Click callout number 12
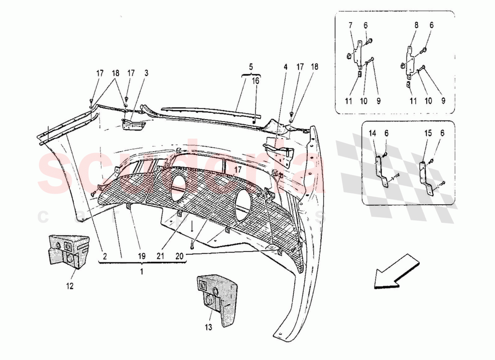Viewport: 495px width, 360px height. [x=70, y=286]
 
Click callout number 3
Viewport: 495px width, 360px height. [x=146, y=73]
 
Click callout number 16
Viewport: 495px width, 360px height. [x=255, y=81]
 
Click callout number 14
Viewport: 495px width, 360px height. [x=372, y=133]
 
